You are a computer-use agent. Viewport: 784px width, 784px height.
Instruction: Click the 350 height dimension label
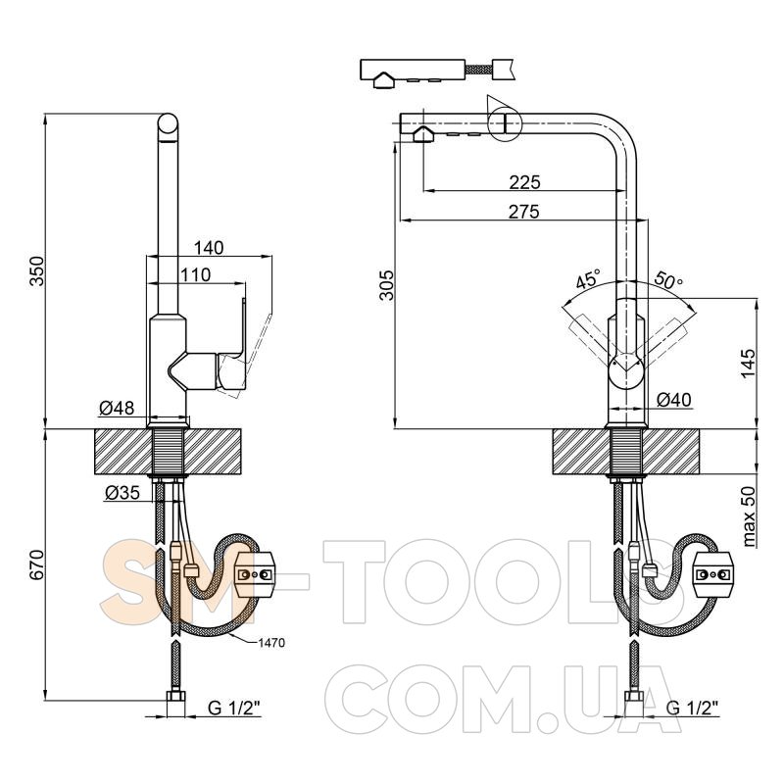(37, 271)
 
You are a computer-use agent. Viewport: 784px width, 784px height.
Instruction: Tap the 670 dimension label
(37, 565)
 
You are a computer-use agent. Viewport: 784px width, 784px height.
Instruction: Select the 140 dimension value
(209, 248)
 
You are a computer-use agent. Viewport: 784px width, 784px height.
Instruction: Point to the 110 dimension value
(195, 275)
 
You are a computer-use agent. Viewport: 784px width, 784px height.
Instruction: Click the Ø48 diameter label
(117, 409)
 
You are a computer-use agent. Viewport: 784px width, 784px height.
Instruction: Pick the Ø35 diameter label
(122, 494)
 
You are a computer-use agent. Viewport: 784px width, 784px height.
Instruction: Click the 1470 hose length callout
(271, 643)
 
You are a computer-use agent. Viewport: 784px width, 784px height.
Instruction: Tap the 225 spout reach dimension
(525, 182)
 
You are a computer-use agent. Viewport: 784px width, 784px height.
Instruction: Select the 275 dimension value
(524, 212)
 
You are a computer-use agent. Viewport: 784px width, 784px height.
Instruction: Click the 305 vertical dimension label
(386, 285)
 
